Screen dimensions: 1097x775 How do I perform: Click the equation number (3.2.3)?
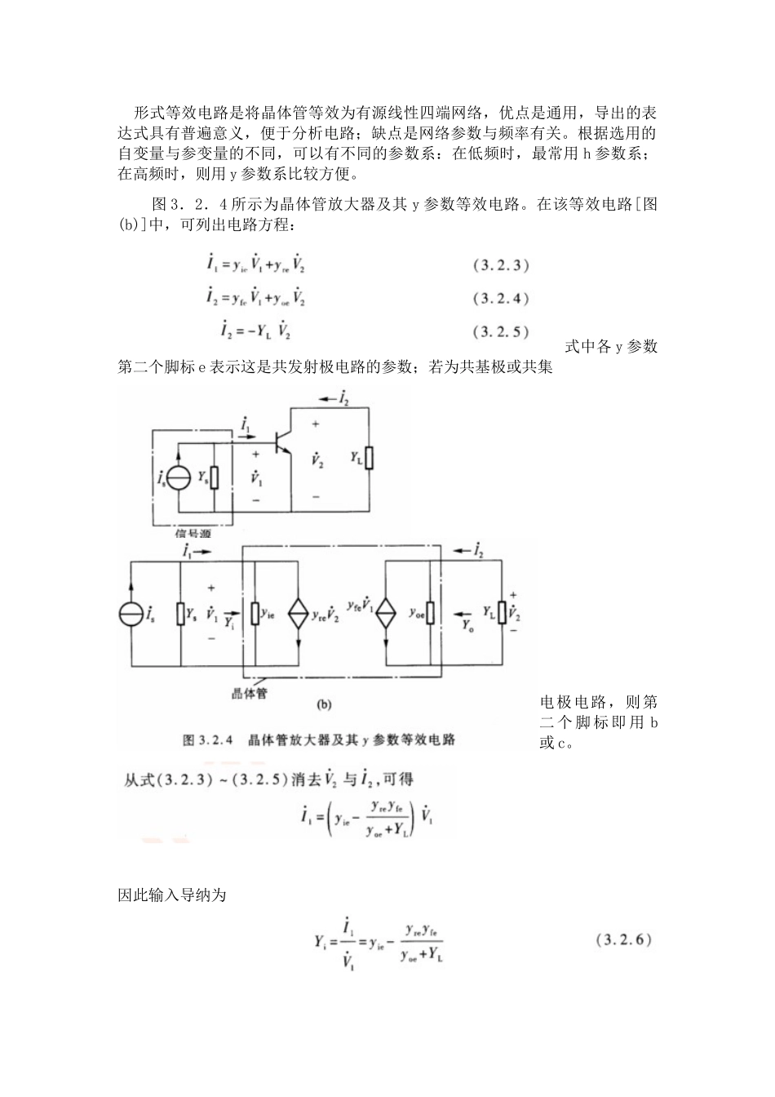click(502, 265)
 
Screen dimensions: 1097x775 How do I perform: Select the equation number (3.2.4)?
click(502, 299)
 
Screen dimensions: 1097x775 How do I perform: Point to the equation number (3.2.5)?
click(502, 331)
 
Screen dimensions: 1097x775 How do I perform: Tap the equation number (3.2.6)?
click(625, 939)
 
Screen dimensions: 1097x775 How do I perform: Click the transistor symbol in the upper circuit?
click(283, 441)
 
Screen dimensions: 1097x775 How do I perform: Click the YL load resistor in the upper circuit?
click(369, 459)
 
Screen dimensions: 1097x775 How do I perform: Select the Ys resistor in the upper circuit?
click(214, 477)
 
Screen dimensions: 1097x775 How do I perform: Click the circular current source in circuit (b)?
click(131, 613)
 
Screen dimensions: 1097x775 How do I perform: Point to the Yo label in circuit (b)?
click(467, 627)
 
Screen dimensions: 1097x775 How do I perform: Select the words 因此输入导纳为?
click(172, 895)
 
